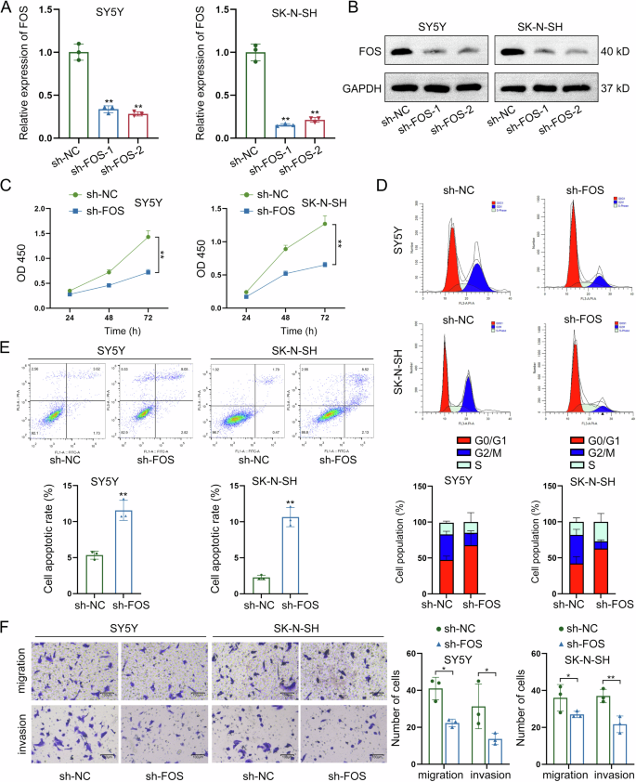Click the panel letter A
pos(9,11)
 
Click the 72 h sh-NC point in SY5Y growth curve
pos(147,237)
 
